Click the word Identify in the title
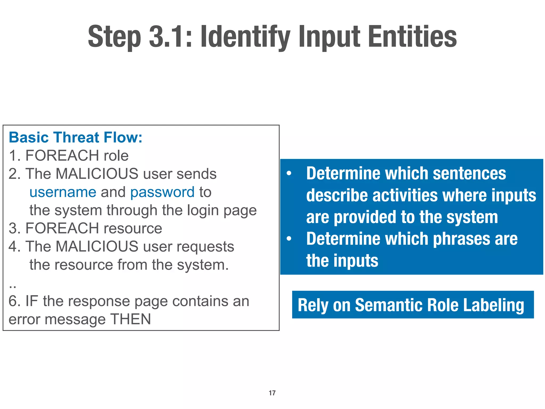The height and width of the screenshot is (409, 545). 245,37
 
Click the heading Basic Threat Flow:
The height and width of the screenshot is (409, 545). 76,137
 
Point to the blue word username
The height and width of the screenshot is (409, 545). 63,192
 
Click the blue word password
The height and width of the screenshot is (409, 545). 162,193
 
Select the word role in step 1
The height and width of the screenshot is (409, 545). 116,156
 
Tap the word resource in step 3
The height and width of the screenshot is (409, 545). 133,228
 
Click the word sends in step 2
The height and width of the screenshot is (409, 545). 197,174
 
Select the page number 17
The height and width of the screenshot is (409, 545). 272,393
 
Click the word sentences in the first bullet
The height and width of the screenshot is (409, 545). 469,174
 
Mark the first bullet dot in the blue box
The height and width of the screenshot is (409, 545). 289,174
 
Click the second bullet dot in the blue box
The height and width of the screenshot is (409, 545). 289,239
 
